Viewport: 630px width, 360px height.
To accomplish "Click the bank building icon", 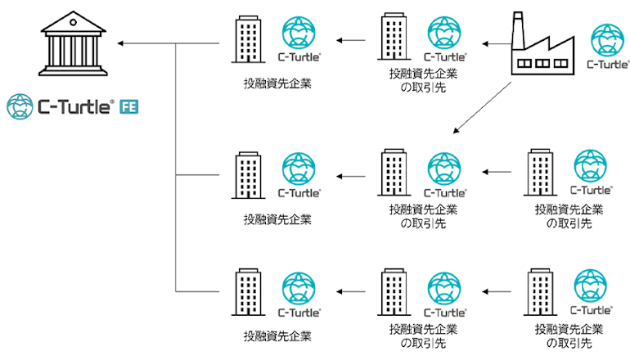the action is [x=73, y=43].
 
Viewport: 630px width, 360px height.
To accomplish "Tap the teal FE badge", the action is [x=129, y=107].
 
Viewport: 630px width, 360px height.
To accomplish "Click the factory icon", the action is [x=542, y=43].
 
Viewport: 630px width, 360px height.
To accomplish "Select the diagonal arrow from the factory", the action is [x=482, y=107].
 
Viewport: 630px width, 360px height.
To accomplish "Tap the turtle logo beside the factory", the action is [x=607, y=40].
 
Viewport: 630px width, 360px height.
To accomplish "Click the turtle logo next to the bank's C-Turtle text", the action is [x=20, y=107].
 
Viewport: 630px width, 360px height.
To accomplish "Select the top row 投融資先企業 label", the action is [x=277, y=83].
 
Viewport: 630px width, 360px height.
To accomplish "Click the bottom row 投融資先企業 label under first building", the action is [x=277, y=336].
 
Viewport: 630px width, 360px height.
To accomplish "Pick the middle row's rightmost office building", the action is [x=540, y=173].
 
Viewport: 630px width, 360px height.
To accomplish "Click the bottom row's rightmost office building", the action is [x=540, y=292].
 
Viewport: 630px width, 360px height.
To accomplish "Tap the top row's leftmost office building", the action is [x=248, y=39].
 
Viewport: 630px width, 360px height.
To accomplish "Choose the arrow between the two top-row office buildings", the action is [x=351, y=40].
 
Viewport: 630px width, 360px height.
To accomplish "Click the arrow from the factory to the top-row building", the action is [x=497, y=44].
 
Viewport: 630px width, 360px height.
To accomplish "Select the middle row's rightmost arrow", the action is [x=497, y=172].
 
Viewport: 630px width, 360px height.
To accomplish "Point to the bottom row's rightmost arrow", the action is [x=497, y=292].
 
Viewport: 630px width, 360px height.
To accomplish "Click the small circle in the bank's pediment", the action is [x=73, y=23].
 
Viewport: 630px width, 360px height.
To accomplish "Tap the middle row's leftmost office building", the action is [x=248, y=175].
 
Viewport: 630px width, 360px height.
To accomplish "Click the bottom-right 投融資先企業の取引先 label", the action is [x=569, y=336].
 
